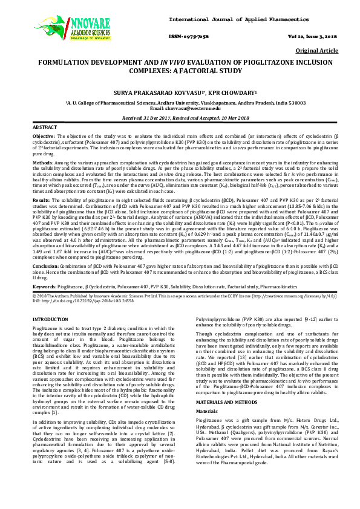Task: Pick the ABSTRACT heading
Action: pos(45,128)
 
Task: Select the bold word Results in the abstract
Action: pos(41,199)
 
